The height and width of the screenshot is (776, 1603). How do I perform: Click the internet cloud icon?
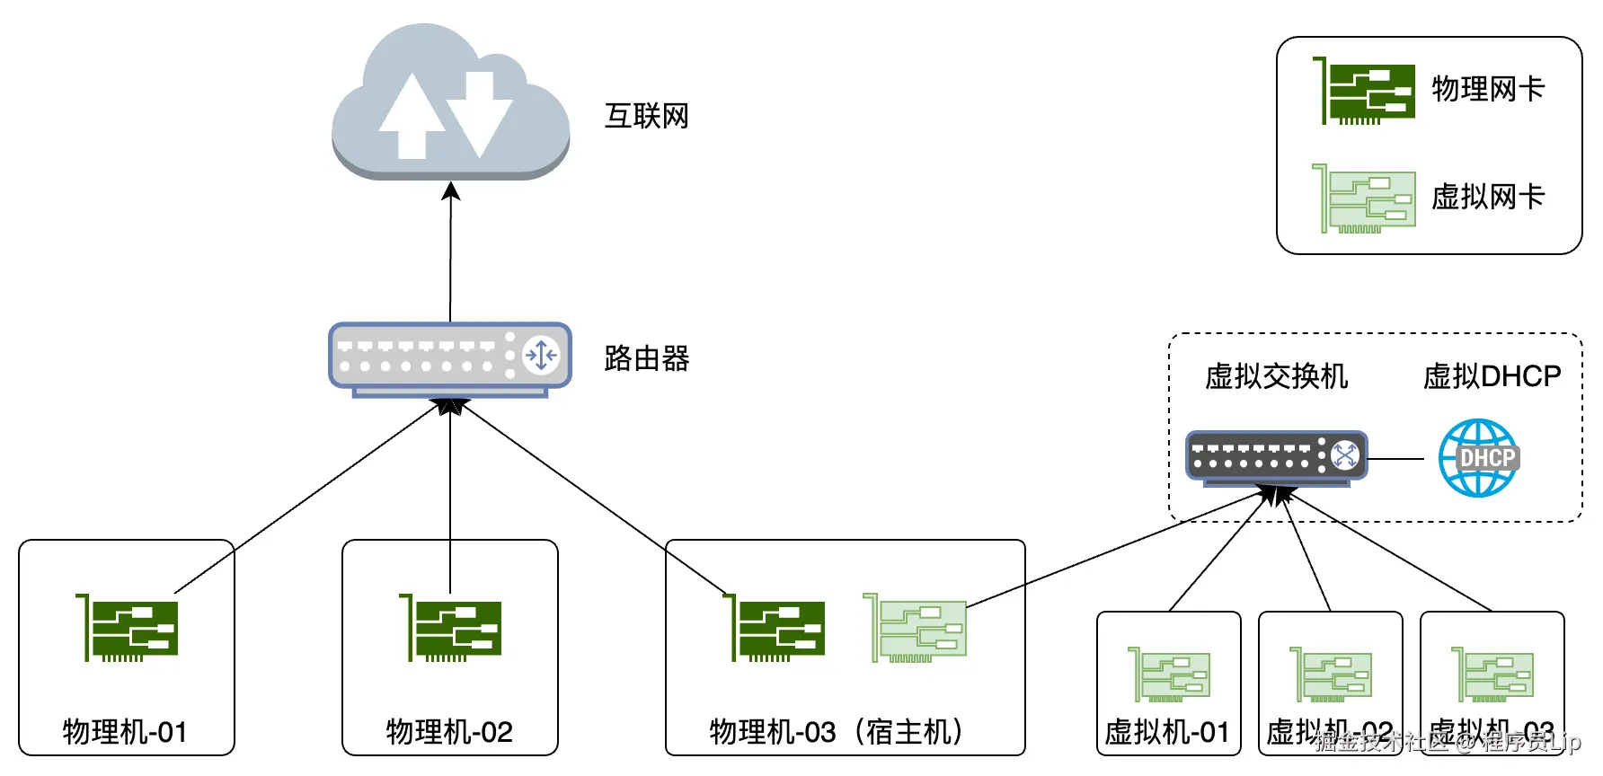pos(450,103)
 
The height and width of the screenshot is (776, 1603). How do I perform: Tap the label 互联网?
pos(646,116)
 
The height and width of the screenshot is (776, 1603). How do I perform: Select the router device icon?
pos(449,357)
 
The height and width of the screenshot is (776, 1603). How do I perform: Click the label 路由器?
pos(646,358)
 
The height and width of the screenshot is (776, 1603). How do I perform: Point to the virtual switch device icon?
pos(1275,457)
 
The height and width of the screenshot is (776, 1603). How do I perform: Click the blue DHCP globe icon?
pos(1479,458)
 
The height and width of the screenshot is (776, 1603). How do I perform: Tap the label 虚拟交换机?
pos(1276,375)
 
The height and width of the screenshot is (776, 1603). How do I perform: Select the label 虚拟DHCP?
pos(1492,375)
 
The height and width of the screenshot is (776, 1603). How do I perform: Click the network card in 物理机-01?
pos(128,628)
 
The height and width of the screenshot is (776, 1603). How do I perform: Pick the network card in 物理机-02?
pos(451,628)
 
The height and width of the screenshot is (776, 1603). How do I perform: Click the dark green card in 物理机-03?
pos(775,628)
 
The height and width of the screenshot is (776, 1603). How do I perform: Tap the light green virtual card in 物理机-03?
pos(916,628)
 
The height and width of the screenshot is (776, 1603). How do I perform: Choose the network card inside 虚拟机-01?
pos(1169,675)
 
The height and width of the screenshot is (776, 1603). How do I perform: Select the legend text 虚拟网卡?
pos(1487,197)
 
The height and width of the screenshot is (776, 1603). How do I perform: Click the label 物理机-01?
pos(125,731)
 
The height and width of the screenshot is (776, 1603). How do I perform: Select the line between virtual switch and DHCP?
pos(1395,459)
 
